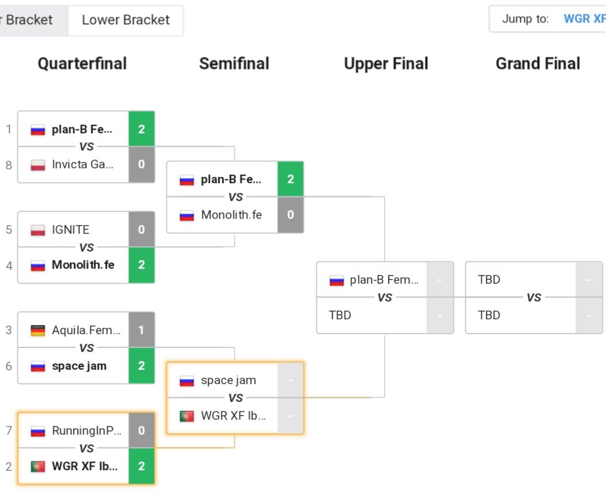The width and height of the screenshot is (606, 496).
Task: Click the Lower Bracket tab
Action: click(x=125, y=20)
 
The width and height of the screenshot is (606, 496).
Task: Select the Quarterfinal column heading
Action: click(x=82, y=63)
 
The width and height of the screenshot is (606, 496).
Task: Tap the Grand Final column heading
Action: click(x=538, y=63)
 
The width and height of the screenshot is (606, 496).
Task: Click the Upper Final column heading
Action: click(x=386, y=63)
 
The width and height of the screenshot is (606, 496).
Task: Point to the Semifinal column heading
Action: click(x=234, y=63)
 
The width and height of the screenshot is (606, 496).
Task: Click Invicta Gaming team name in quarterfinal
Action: click(x=82, y=165)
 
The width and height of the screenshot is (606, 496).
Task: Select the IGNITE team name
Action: click(x=71, y=230)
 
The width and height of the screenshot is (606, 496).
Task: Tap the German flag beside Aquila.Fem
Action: click(x=38, y=331)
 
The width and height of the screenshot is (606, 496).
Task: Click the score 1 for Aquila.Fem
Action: click(x=141, y=330)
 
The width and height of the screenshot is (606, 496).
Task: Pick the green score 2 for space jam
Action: click(x=141, y=366)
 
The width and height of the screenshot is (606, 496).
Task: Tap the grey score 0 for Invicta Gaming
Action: click(x=141, y=165)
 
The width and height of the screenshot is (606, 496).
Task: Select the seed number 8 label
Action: click(x=9, y=165)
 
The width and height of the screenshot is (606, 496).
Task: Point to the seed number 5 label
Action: click(x=9, y=230)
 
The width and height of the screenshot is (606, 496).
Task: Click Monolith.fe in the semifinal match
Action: click(x=231, y=215)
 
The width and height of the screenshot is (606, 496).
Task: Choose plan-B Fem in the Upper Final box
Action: click(x=384, y=280)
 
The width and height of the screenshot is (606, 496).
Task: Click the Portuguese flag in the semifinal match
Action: click(x=187, y=416)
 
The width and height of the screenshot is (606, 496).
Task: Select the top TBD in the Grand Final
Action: click(x=489, y=280)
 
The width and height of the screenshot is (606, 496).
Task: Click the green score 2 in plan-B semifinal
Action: click(x=290, y=179)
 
